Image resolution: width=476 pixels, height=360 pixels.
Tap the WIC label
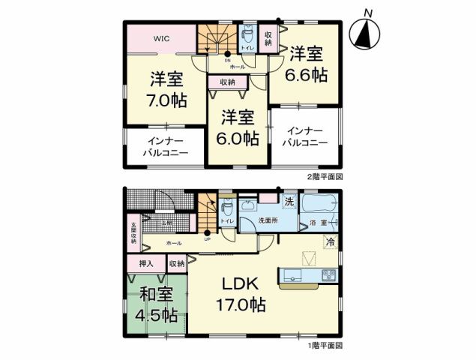pos(161,39)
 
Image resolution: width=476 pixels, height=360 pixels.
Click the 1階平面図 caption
pos(324,346)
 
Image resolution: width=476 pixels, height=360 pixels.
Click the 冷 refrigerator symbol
pos(329,242)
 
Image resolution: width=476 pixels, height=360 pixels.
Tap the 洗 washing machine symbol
pos(289,202)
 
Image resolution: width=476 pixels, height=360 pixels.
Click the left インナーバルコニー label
pos(165,147)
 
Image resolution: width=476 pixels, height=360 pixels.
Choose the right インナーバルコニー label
pos(306,136)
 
